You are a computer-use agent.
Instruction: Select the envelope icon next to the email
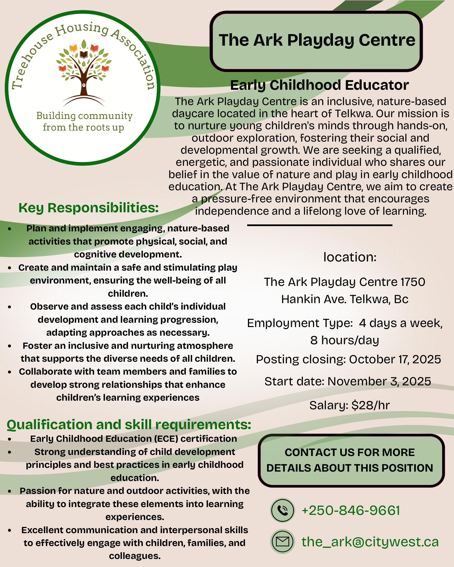coord(282,541)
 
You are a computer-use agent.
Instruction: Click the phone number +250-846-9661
coord(351,510)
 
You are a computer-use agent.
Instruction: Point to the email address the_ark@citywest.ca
coord(370,542)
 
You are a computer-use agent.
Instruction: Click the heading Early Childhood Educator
coord(320,85)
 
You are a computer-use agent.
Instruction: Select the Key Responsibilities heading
coord(88,208)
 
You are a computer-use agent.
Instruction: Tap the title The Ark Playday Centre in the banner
coord(317,40)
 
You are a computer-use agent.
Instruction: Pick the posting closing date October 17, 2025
coord(395,359)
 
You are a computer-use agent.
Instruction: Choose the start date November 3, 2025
coord(379,381)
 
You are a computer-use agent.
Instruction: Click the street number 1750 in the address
coord(413,282)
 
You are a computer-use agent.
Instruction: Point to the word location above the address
coord(350,257)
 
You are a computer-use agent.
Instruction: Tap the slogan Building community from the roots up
coord(84,121)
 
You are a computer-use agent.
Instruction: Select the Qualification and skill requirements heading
coord(129,425)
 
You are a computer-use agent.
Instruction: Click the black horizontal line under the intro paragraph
coord(320,225)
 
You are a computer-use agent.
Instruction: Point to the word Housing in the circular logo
coord(82,29)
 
